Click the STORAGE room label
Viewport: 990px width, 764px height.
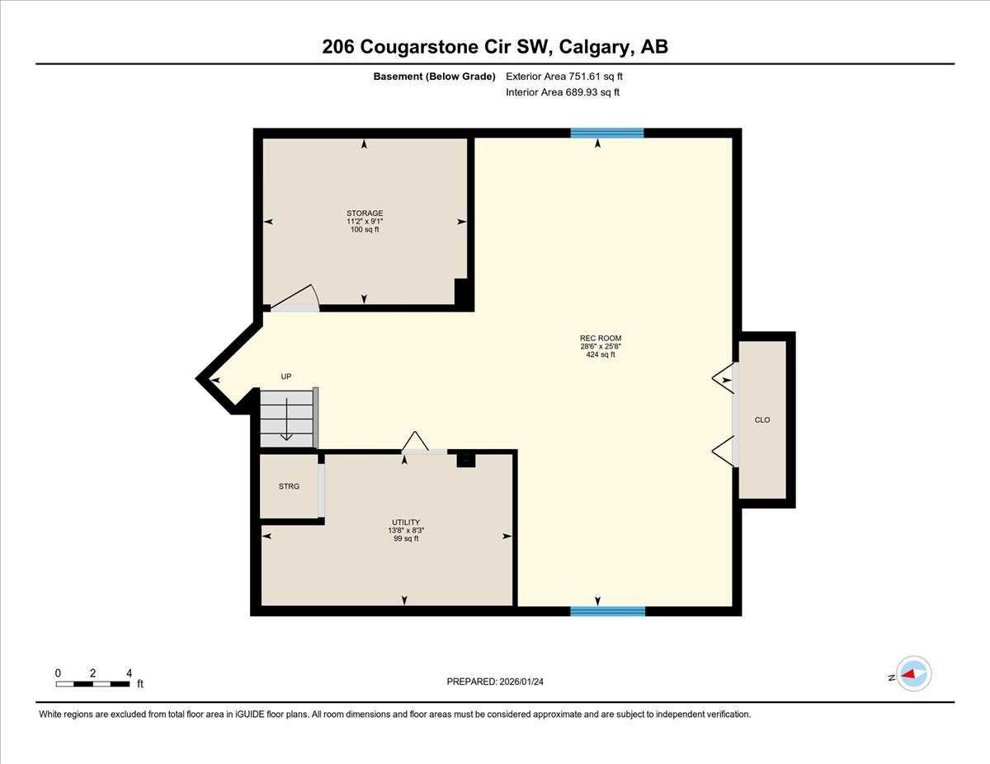click(365, 213)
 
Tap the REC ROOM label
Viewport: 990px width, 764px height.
click(600, 338)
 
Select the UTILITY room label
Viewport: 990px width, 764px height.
click(406, 523)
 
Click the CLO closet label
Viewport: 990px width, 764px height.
click(762, 420)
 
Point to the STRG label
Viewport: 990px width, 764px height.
click(289, 486)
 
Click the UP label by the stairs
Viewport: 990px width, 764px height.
click(286, 377)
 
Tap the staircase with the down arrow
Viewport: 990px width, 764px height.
click(287, 419)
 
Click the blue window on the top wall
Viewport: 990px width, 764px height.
click(607, 133)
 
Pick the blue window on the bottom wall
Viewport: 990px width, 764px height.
click(608, 611)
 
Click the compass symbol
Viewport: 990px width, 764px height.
click(913, 673)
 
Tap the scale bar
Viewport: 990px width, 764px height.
click(93, 683)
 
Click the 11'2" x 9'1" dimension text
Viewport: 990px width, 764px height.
click(365, 222)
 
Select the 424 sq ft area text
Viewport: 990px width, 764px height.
click(601, 355)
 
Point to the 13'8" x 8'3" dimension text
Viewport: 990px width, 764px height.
click(406, 531)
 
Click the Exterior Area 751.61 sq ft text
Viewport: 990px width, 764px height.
click(564, 77)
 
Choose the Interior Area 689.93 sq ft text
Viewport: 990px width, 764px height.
click(563, 92)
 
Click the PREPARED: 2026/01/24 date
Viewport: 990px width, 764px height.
click(496, 682)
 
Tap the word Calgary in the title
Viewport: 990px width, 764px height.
click(592, 47)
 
